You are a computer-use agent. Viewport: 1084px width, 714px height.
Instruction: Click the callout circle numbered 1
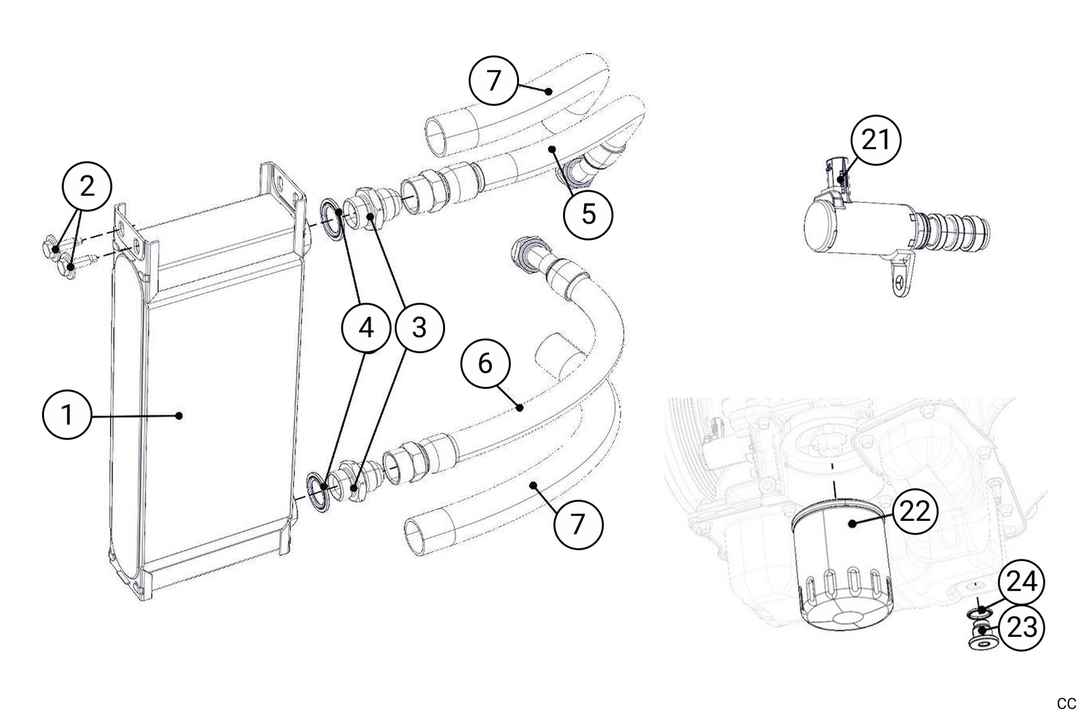pos(67,415)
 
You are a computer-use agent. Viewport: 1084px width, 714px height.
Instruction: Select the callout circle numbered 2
pos(87,186)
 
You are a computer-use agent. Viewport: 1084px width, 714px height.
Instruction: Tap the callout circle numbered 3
pos(419,328)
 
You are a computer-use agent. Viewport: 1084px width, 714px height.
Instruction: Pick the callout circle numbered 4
pos(367,328)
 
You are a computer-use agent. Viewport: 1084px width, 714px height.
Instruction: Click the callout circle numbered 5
pos(588,214)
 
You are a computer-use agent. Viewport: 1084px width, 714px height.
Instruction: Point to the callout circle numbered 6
pos(485,364)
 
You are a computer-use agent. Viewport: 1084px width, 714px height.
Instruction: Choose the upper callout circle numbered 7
pos(494,81)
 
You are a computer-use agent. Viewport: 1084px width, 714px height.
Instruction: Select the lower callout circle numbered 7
pos(578,524)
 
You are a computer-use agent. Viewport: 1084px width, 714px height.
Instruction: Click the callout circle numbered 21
pos(875,141)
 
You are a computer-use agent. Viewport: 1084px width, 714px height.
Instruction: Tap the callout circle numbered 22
pos(914,512)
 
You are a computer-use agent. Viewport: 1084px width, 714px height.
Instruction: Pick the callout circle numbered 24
pos(1020,582)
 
